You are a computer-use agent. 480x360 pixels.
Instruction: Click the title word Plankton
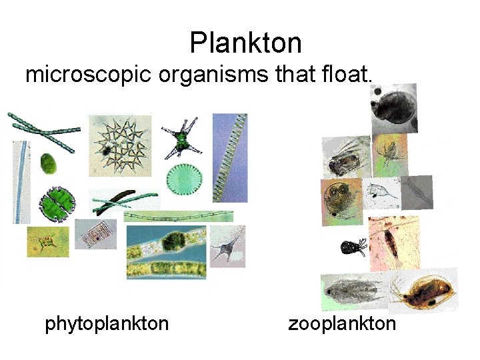pos(245,43)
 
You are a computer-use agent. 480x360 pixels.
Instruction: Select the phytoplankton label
pos(107,324)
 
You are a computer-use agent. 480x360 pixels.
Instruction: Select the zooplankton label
pos(342,324)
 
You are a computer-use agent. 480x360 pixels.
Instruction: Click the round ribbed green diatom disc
pos(184,178)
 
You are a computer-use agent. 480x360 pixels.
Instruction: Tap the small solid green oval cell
pos(48,162)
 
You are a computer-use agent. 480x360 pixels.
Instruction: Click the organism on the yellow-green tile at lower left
pos(47,240)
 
